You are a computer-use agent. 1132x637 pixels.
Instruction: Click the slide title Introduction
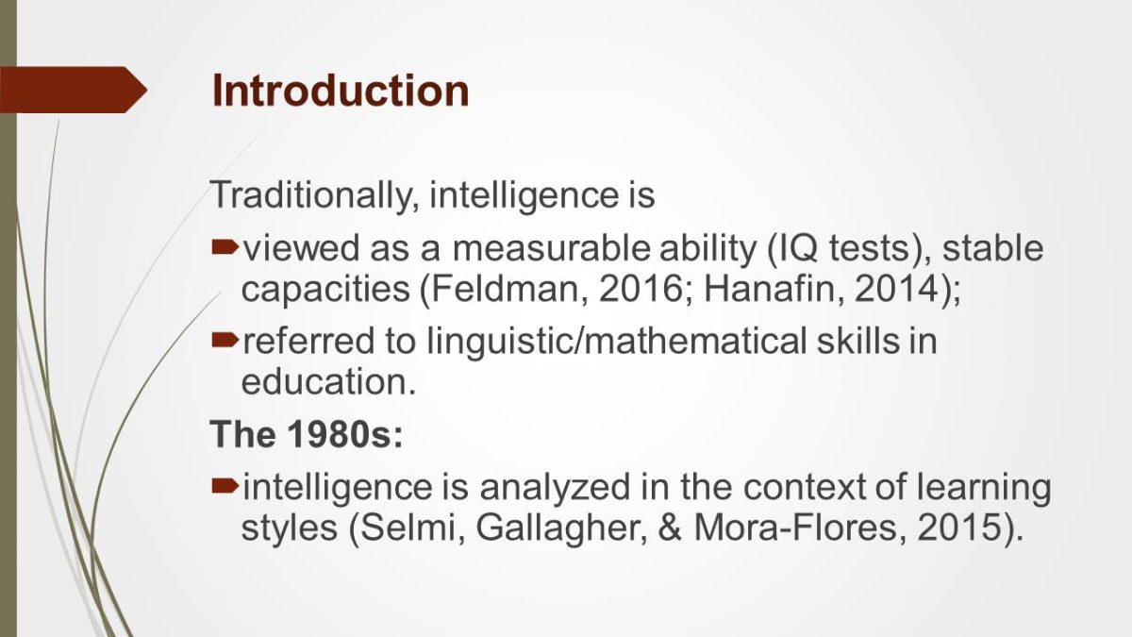(x=341, y=91)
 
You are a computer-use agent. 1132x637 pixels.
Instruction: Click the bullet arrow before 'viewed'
(x=225, y=247)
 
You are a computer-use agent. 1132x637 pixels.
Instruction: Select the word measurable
(x=551, y=248)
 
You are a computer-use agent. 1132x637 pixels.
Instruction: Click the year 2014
(x=896, y=289)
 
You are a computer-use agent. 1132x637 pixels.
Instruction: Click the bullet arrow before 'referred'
(x=225, y=341)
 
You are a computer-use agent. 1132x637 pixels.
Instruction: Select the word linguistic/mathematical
(x=617, y=342)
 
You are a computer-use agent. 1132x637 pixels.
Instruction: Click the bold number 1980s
(x=345, y=434)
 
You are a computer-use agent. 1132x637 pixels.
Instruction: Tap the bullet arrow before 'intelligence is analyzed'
(x=225, y=486)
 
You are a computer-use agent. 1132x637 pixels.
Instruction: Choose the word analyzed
(x=556, y=487)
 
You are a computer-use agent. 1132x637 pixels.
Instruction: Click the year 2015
(x=959, y=528)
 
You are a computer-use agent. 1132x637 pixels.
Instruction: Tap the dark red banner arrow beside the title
(x=74, y=90)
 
